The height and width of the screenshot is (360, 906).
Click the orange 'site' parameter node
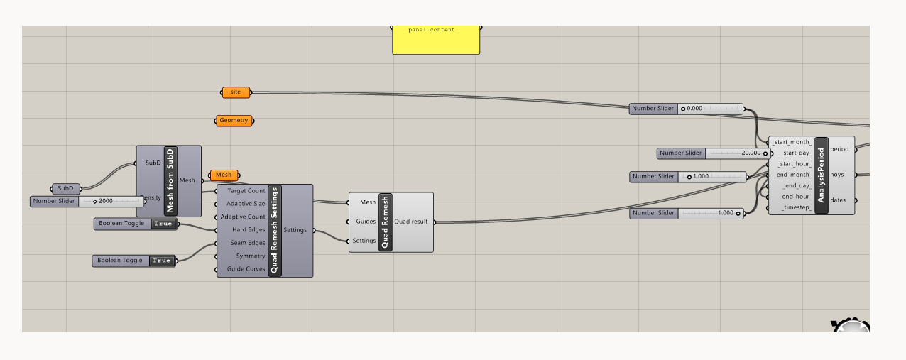pyautogui.click(x=236, y=92)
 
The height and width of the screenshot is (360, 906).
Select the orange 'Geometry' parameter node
pyautogui.click(x=234, y=121)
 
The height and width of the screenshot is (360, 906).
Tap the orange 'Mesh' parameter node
pyautogui.click(x=224, y=175)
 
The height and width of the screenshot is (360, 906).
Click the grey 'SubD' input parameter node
pyautogui.click(x=65, y=189)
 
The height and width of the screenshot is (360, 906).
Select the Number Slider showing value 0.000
pyautogui.click(x=686, y=109)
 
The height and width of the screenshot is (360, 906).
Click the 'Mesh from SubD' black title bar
pyautogui.click(x=170, y=181)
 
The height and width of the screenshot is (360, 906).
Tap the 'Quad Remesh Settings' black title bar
pyautogui.click(x=275, y=231)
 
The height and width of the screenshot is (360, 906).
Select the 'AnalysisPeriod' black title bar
pyautogui.click(x=821, y=175)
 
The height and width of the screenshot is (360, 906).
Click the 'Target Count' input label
pyautogui.click(x=246, y=191)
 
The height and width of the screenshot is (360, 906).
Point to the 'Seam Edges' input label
pyautogui.click(x=246, y=243)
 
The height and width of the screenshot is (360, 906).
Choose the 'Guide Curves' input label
pyautogui.click(x=246, y=269)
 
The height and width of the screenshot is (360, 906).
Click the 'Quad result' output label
pyautogui.click(x=411, y=222)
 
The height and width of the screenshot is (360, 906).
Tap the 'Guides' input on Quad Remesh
pyautogui.click(x=366, y=222)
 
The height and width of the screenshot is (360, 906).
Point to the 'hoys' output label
pyautogui.click(x=838, y=175)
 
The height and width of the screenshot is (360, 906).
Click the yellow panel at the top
pyautogui.click(x=436, y=40)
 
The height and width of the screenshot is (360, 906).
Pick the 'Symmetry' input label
pyautogui.click(x=251, y=256)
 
